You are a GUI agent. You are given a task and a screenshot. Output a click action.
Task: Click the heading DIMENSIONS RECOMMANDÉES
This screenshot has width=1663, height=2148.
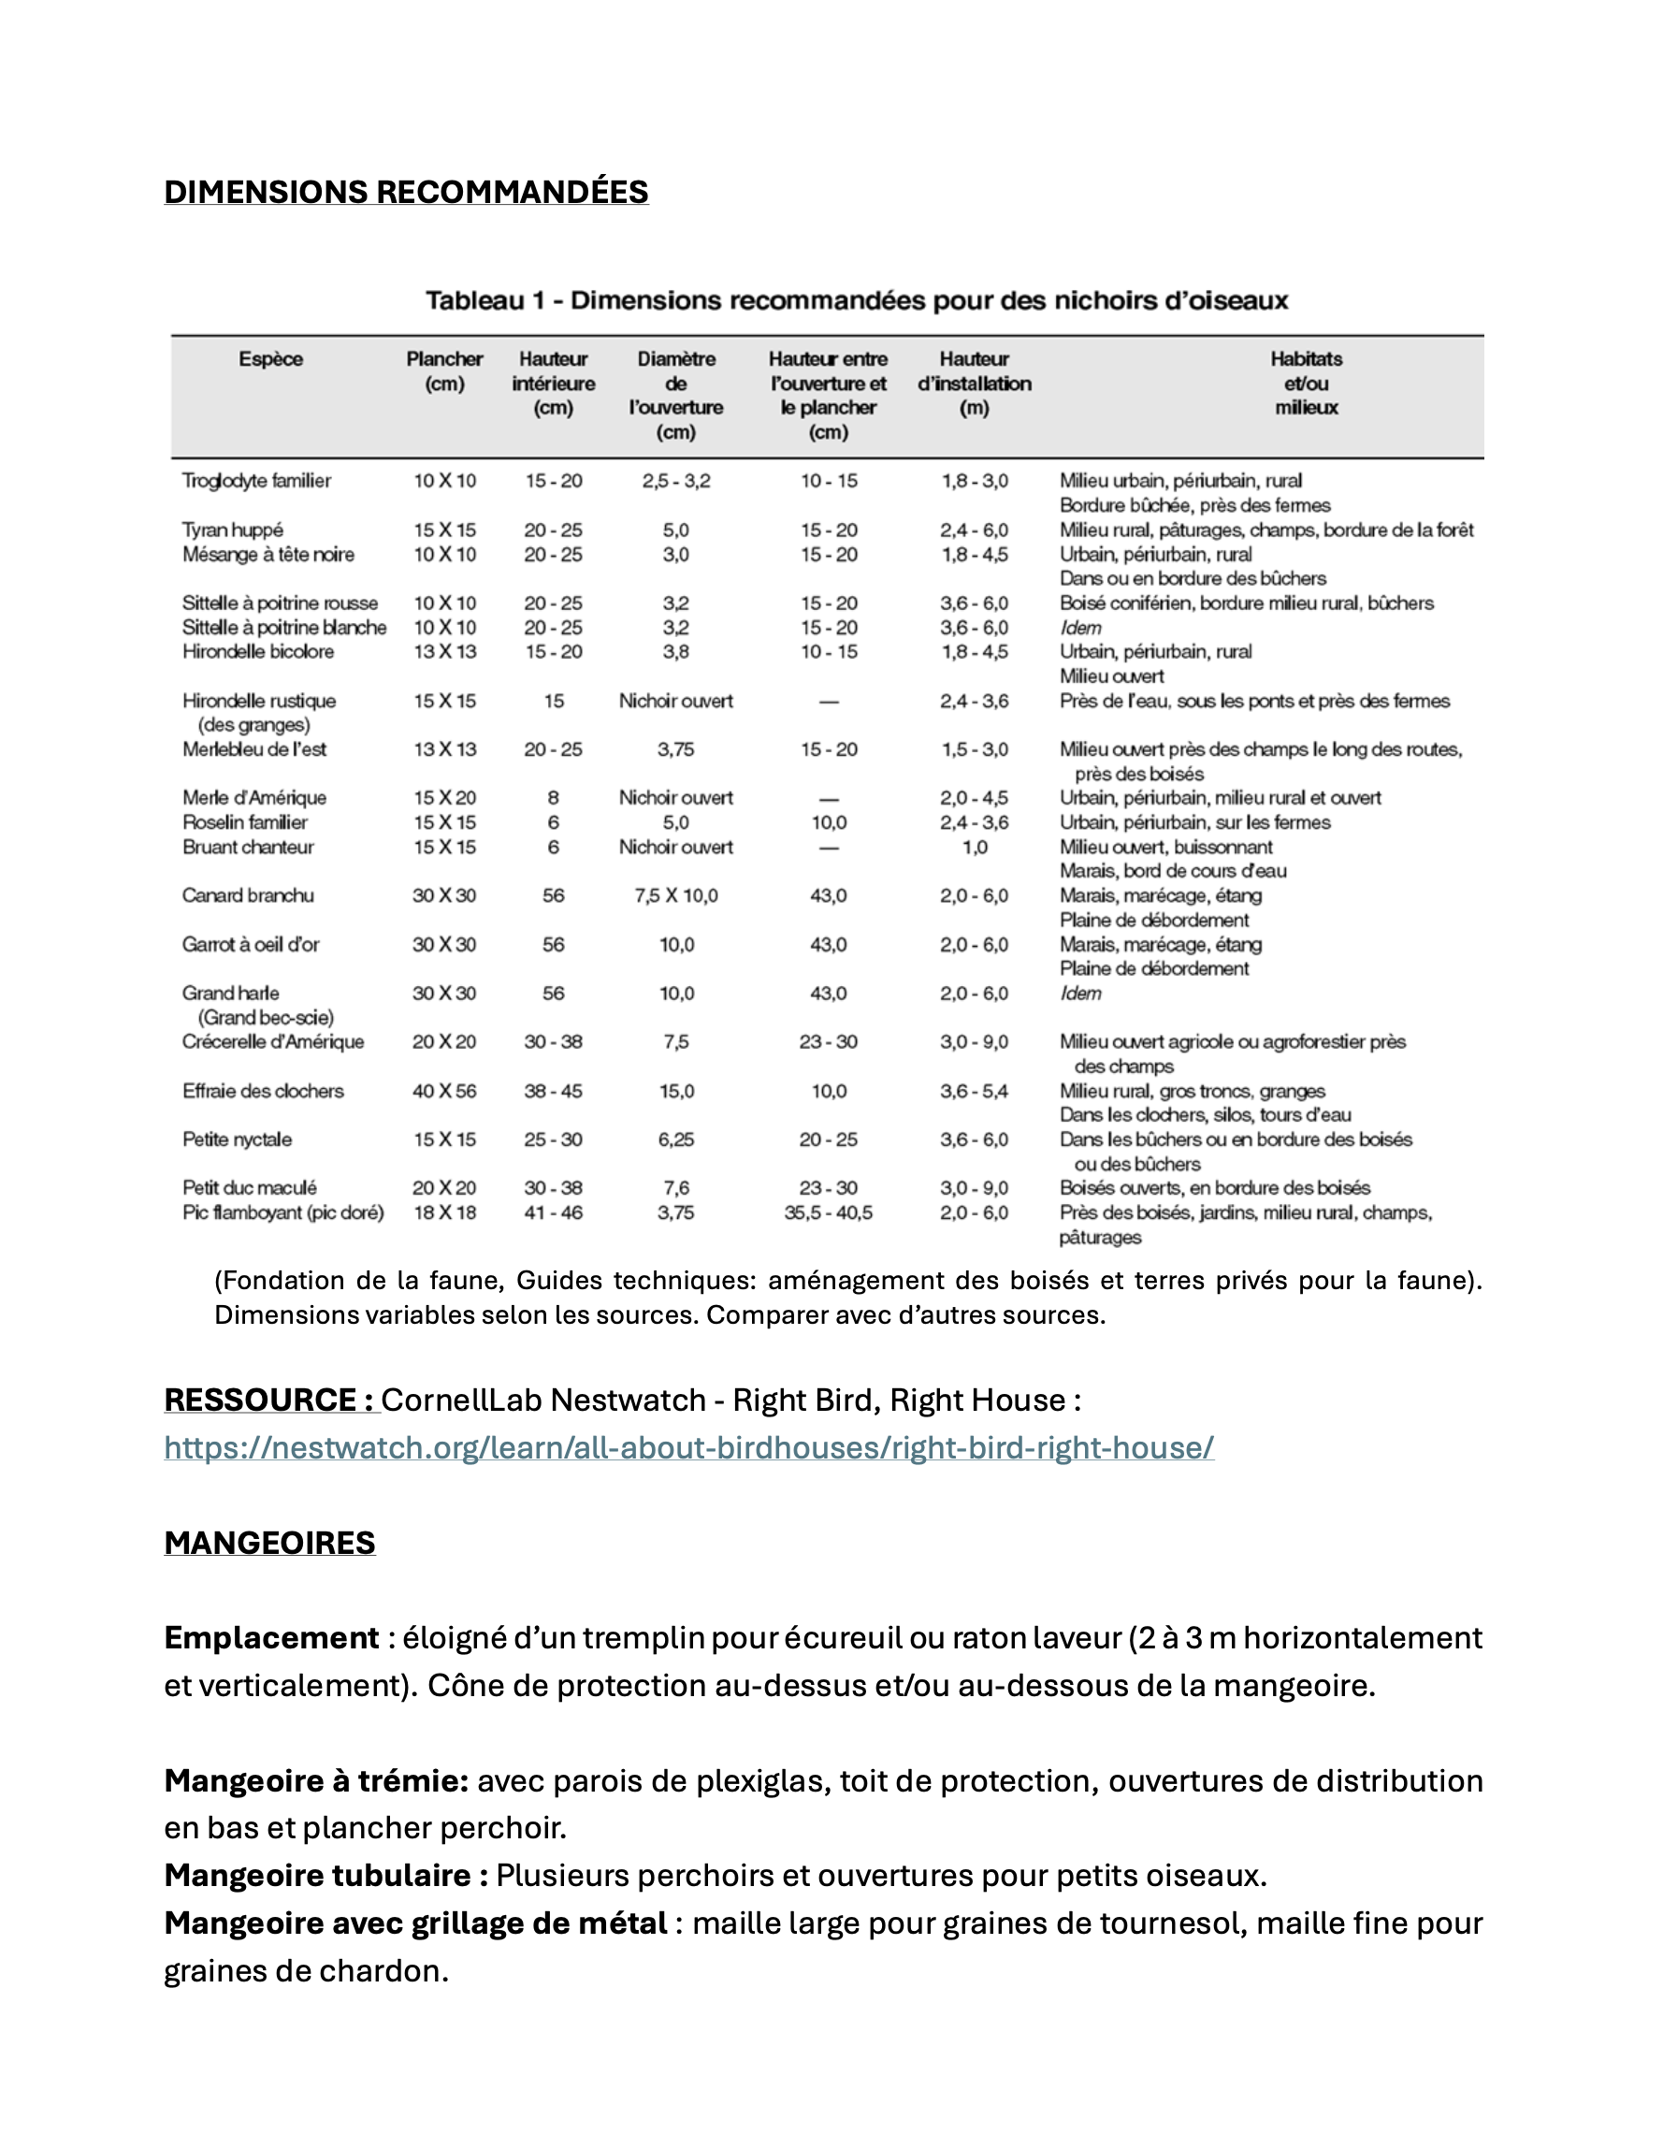pyautogui.click(x=405, y=192)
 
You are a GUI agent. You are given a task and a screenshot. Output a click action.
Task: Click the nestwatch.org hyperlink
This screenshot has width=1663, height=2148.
pyautogui.click(x=688, y=1447)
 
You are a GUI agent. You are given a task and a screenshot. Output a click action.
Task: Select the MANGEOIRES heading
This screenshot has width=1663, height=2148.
pyautogui.click(x=269, y=1542)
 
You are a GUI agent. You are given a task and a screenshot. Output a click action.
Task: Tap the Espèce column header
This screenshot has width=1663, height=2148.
pyautogui.click(x=270, y=359)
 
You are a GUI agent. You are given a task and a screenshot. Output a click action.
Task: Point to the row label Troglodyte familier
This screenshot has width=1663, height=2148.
pyautogui.click(x=256, y=481)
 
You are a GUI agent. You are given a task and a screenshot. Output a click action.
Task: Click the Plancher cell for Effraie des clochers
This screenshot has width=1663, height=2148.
pyautogui.click(x=443, y=1091)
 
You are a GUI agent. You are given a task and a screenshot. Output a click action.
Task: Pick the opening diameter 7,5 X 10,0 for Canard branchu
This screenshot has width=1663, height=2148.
pyautogui.click(x=675, y=896)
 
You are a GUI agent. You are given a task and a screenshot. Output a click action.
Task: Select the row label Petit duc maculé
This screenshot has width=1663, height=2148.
pyautogui.click(x=250, y=1188)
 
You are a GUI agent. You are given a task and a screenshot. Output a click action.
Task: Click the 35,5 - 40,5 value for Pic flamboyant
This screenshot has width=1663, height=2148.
pyautogui.click(x=828, y=1212)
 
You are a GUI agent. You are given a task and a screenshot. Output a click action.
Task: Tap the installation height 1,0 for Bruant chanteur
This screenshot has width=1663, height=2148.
pyautogui.click(x=975, y=847)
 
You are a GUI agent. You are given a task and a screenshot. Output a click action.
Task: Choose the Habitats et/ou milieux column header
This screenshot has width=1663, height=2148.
pyautogui.click(x=1306, y=383)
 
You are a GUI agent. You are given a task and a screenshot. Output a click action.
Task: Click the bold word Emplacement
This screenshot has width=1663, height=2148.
pyautogui.click(x=271, y=1638)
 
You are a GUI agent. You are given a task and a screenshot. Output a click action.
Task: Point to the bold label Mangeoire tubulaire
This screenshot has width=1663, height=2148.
pyautogui.click(x=325, y=1876)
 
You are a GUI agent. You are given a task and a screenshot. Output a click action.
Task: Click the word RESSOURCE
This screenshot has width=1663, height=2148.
pyautogui.click(x=261, y=1400)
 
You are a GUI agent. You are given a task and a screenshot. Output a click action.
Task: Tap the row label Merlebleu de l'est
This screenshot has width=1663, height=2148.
pyautogui.click(x=254, y=749)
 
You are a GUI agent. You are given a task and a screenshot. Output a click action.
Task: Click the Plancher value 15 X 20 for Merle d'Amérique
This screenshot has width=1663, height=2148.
pyautogui.click(x=443, y=798)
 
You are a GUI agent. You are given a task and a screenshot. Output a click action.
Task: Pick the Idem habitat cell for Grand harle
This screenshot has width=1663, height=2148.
pyautogui.click(x=1081, y=994)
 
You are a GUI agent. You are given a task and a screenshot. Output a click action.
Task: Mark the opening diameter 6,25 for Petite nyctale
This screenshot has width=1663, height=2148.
pyautogui.click(x=675, y=1139)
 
